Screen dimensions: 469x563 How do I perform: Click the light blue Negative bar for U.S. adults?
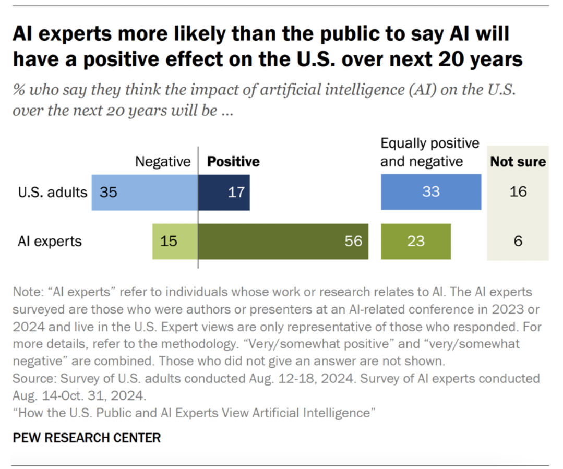[145, 192]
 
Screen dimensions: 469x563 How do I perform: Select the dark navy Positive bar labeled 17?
[224, 192]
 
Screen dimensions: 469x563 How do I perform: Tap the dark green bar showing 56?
[283, 242]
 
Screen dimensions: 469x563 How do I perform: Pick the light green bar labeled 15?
[175, 242]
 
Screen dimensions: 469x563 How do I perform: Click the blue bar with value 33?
[430, 192]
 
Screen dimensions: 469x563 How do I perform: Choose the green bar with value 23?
[415, 242]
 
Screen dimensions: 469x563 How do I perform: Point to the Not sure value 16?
[518, 192]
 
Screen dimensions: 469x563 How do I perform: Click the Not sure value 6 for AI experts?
[518, 242]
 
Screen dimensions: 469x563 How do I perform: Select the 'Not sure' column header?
[518, 162]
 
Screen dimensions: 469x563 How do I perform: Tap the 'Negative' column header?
[163, 162]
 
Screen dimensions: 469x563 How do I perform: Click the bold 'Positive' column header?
[233, 162]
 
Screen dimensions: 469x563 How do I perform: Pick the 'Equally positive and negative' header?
[429, 152]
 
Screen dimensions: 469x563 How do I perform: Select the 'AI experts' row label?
[50, 242]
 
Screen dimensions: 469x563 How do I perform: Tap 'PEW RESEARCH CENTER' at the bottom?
[86, 438]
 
